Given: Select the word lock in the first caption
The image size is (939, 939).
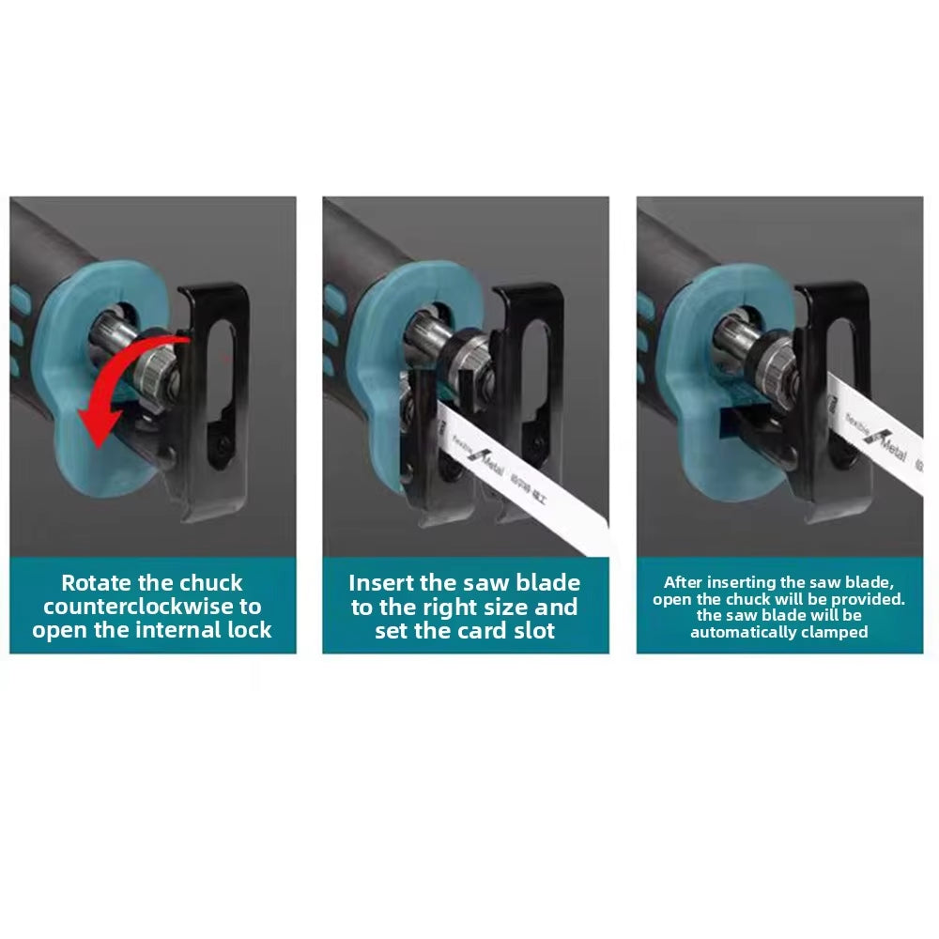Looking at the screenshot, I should (x=245, y=630).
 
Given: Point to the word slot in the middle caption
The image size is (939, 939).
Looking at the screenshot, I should (x=532, y=630).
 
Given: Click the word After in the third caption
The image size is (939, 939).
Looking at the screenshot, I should (x=683, y=582).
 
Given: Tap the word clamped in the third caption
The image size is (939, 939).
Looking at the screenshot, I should (x=833, y=632).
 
